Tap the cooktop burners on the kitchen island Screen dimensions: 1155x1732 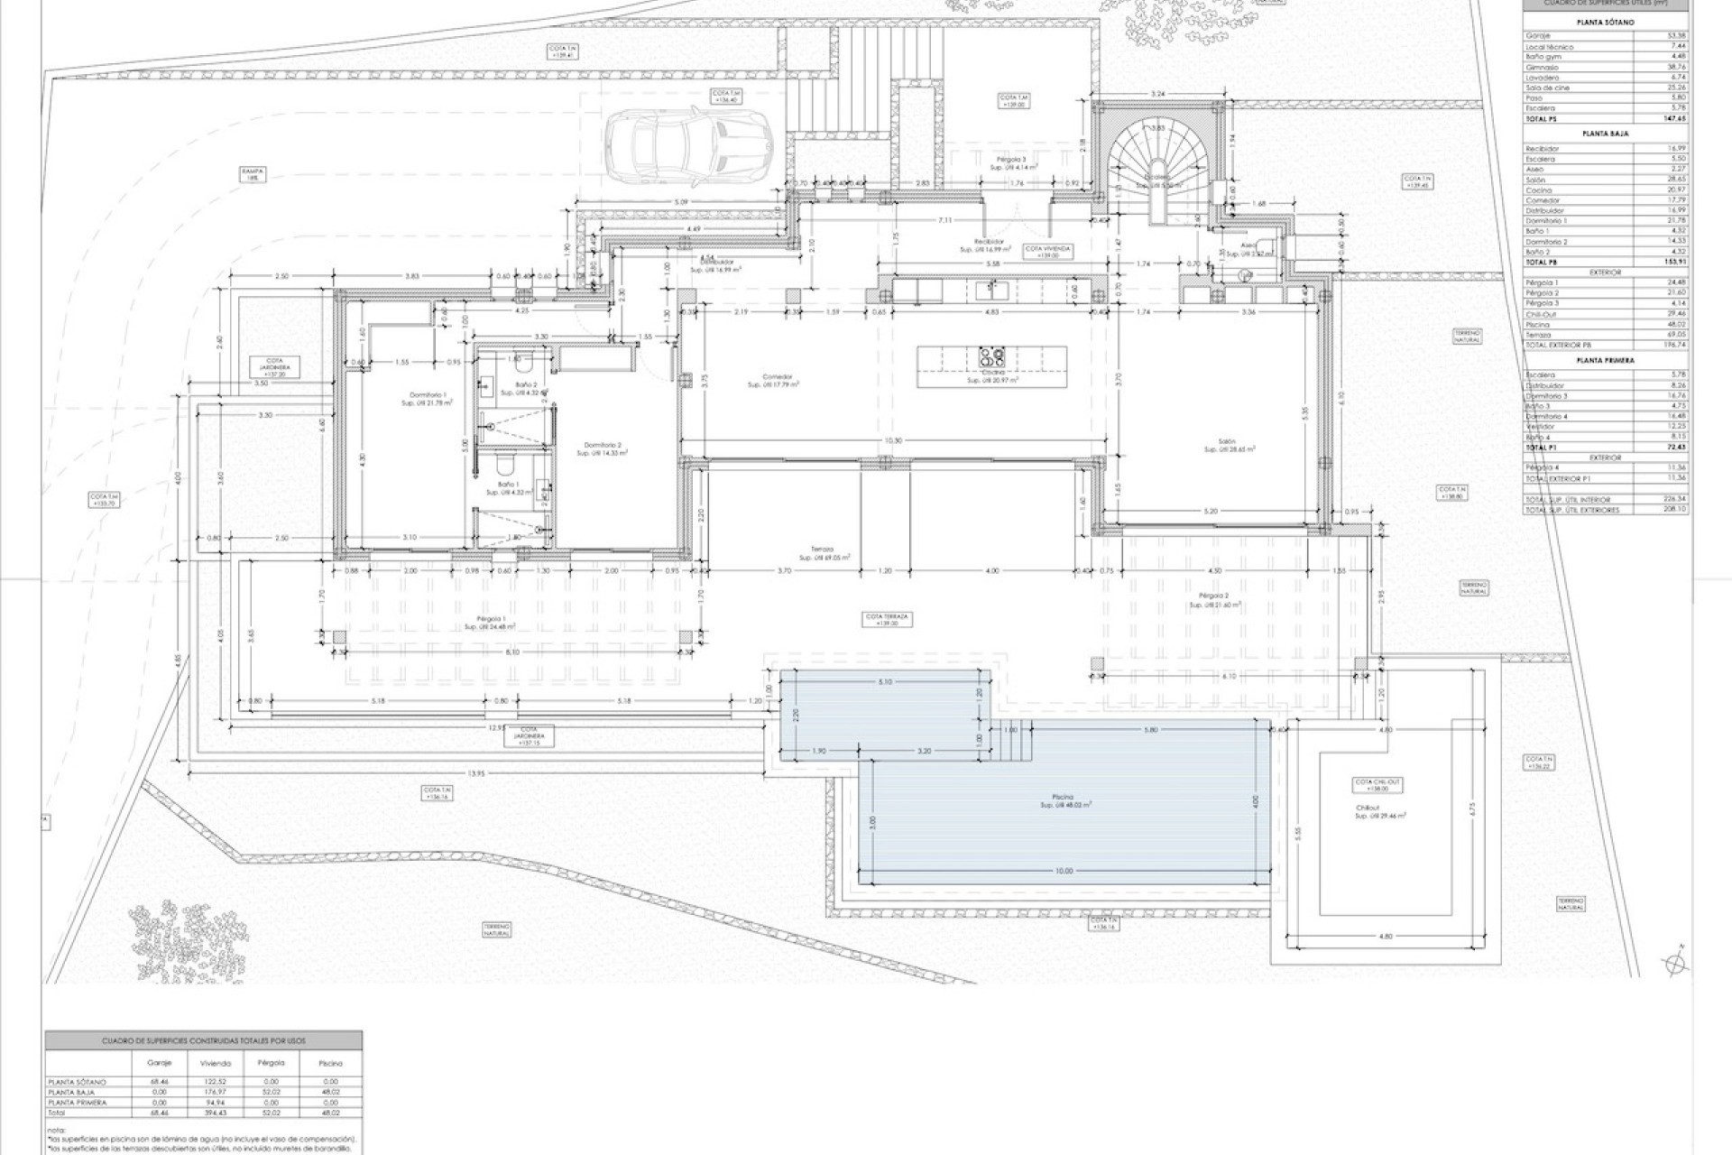point(992,357)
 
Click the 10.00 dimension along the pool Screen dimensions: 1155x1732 point(1064,871)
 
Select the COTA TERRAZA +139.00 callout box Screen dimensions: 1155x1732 point(889,619)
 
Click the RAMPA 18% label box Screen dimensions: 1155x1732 point(251,174)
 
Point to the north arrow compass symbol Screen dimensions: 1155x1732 point(1675,964)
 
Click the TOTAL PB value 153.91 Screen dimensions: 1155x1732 point(1674,262)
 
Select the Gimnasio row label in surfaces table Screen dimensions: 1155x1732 point(1542,68)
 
